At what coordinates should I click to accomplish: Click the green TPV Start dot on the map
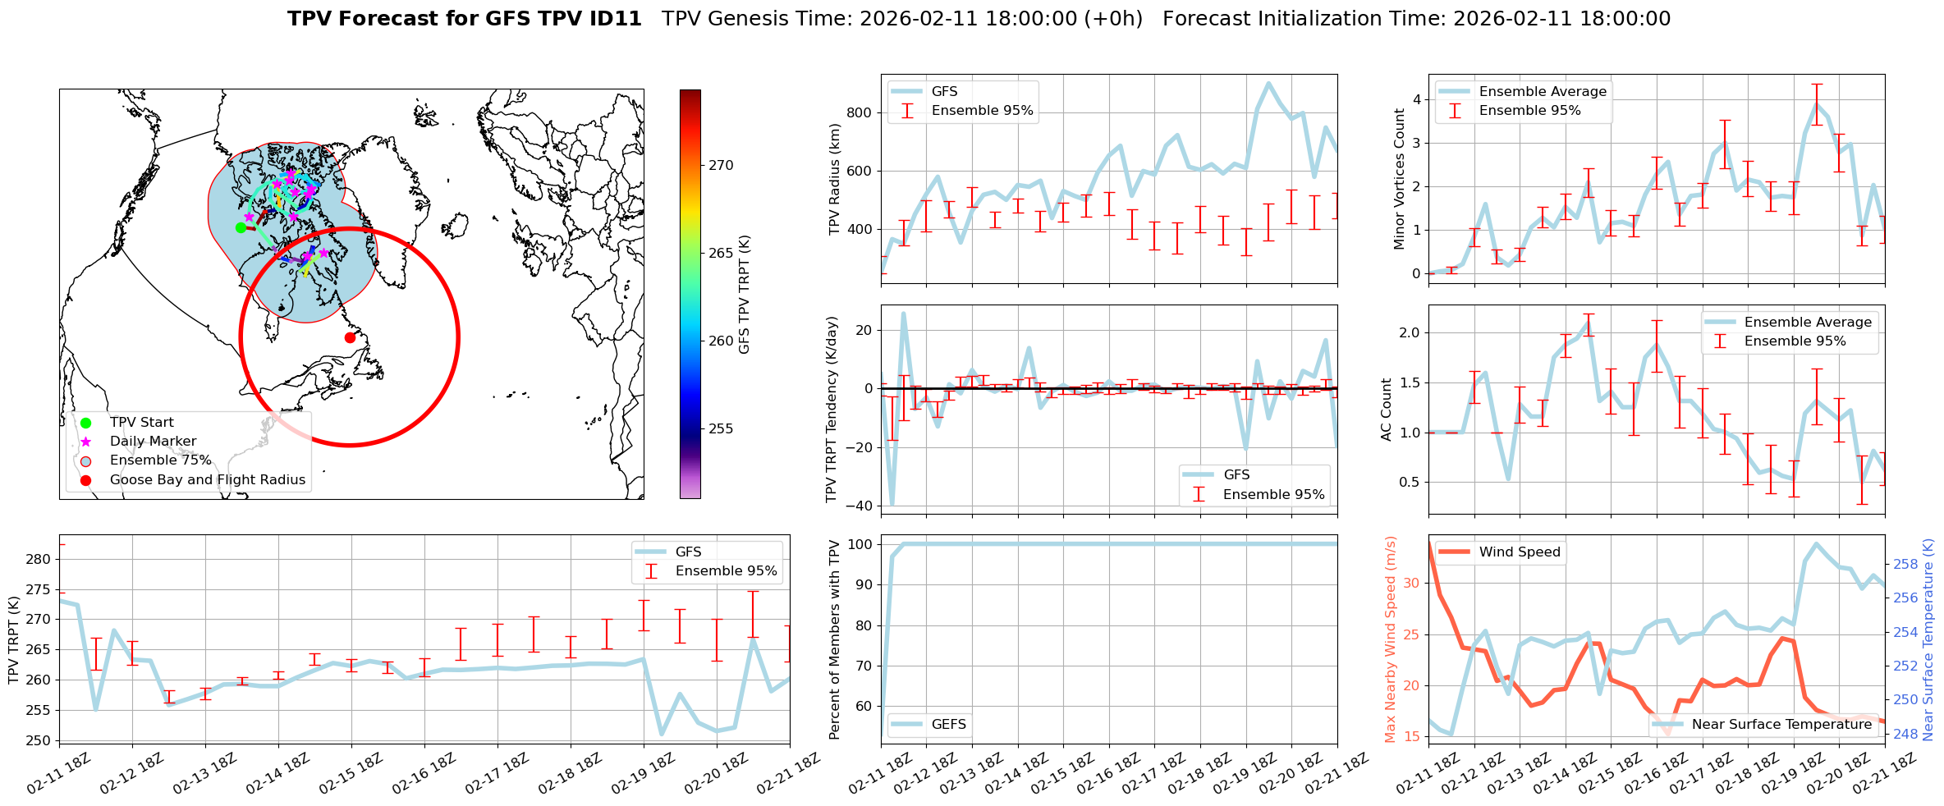tap(241, 227)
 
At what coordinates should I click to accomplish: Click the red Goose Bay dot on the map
tap(350, 337)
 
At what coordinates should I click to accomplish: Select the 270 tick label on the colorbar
tap(721, 165)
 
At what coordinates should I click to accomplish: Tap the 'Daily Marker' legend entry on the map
tap(153, 442)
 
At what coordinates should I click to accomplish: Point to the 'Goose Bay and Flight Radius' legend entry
tap(207, 480)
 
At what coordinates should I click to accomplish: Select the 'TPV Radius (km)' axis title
tap(835, 179)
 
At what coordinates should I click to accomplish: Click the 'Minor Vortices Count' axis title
tap(1399, 179)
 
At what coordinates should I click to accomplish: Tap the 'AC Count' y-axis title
tap(1387, 410)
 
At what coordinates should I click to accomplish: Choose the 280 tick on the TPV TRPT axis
tap(38, 559)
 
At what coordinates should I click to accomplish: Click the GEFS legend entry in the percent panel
tap(948, 724)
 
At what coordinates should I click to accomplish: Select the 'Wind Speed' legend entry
tap(1519, 552)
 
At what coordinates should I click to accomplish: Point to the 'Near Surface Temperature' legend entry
tap(1781, 724)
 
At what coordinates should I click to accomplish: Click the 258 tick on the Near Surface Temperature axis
tap(1905, 564)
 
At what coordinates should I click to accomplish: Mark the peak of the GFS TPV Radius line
tap(1268, 83)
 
